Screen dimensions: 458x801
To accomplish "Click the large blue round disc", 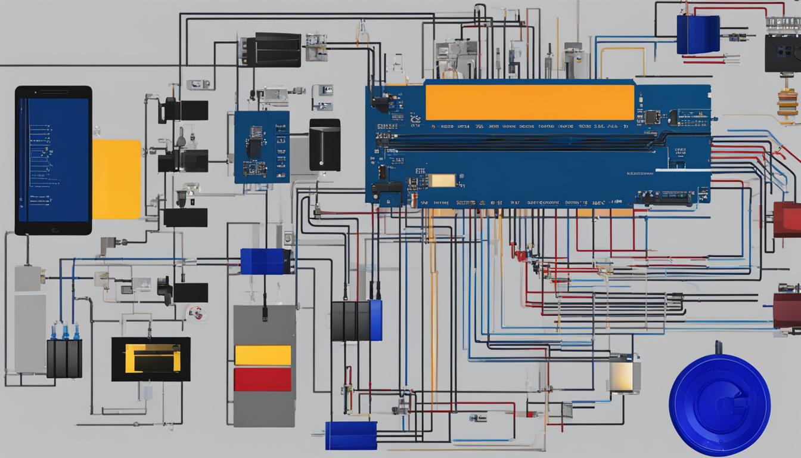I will tap(719, 397).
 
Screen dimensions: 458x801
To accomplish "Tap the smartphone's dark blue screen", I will tap(54, 160).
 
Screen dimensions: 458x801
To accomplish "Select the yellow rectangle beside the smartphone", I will tap(116, 179).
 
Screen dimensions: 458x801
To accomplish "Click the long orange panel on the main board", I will tap(530, 102).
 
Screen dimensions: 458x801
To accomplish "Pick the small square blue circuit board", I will tap(262, 147).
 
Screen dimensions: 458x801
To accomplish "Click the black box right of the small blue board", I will tap(325, 145).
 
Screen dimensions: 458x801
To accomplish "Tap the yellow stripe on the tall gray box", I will tap(263, 355).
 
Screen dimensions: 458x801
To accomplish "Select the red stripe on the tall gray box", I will tap(263, 379).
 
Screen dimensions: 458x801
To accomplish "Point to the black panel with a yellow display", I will tap(151, 359).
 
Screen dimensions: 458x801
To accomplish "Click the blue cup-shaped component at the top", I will tap(698, 35).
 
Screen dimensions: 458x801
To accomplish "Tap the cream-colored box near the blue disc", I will tap(623, 375).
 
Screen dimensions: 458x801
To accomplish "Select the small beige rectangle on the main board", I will tap(442, 180).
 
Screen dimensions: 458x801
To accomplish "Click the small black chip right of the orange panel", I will tap(652, 117).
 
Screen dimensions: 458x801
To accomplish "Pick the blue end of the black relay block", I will tap(375, 320).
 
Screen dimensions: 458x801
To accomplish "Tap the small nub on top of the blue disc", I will tap(719, 347).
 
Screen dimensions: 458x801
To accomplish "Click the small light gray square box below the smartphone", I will tap(27, 278).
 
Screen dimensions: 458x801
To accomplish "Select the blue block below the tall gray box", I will tap(351, 435).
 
